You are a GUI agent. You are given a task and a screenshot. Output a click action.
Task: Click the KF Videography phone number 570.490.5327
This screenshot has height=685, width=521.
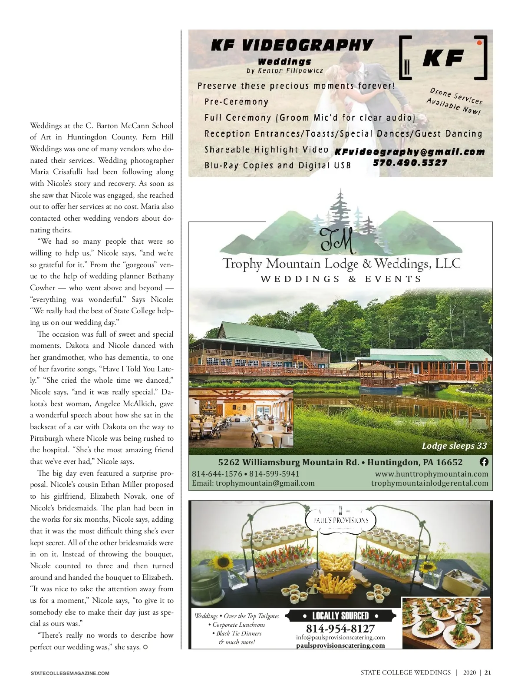pyautogui.click(x=410, y=163)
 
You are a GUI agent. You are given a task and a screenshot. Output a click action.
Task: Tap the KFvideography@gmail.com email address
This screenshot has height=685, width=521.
pyautogui.click(x=409, y=152)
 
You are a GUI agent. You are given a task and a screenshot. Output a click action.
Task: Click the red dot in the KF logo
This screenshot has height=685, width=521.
pyautogui.click(x=479, y=43)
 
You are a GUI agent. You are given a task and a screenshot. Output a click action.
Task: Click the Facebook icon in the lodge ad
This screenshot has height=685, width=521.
pyautogui.click(x=484, y=462)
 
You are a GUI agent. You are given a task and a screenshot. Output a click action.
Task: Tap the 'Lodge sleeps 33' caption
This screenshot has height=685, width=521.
pyautogui.click(x=454, y=446)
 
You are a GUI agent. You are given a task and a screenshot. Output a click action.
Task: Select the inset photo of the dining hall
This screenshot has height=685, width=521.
pyautogui.click(x=241, y=418)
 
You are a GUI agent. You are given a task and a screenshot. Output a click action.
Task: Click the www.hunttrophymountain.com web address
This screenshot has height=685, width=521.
pyautogui.click(x=432, y=474)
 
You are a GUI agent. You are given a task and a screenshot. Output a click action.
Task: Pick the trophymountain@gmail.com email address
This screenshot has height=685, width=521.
pyautogui.click(x=265, y=483)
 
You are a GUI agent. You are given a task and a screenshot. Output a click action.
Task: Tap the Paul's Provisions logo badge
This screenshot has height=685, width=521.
pyautogui.click(x=340, y=520)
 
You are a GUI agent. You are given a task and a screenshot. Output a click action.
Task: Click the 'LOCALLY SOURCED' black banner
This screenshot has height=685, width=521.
pyautogui.click(x=340, y=616)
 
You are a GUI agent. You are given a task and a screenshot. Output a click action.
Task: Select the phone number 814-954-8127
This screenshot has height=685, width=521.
pyautogui.click(x=340, y=629)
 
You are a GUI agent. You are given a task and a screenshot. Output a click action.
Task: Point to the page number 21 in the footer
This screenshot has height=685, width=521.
pyautogui.click(x=488, y=673)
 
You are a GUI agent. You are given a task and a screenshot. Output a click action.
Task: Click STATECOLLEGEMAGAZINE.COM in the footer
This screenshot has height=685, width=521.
pyautogui.click(x=70, y=673)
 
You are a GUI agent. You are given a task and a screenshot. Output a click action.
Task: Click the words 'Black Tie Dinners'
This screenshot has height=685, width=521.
pyautogui.click(x=238, y=633)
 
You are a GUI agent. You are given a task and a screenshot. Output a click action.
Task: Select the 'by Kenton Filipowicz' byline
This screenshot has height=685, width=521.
pyautogui.click(x=284, y=70)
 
